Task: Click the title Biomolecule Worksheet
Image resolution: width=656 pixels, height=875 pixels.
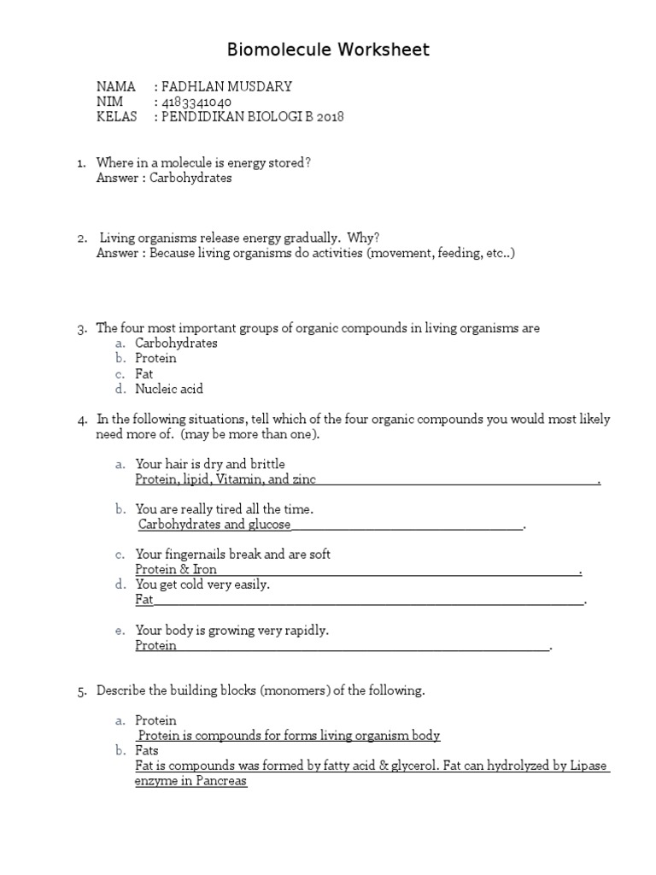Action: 328,50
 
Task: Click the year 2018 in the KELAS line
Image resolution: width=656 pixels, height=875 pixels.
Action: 330,117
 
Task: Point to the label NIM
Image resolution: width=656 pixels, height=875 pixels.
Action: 109,102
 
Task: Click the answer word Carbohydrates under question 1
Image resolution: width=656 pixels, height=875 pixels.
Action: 190,178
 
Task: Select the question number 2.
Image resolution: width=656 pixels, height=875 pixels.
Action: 81,238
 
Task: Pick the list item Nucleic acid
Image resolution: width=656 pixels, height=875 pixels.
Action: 169,389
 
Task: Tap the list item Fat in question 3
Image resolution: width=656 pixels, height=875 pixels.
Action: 144,373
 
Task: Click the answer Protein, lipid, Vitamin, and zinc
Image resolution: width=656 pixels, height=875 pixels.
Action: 225,479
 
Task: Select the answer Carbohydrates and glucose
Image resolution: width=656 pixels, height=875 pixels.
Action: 214,524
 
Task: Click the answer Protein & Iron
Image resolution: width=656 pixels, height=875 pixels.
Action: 176,569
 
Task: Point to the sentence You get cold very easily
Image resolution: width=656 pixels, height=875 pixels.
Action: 202,584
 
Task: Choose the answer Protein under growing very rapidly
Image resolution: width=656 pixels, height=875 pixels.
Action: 155,645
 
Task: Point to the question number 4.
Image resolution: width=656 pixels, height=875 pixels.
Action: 81,420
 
